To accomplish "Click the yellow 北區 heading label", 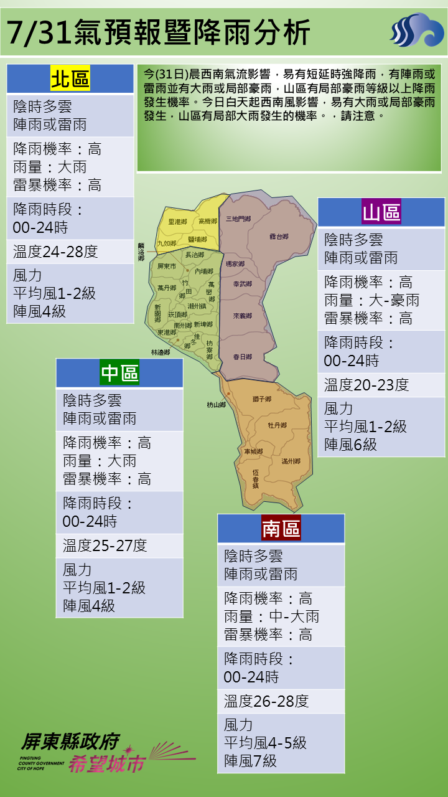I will (70, 79).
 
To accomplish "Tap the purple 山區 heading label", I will (381, 212).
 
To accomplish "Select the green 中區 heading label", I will (119, 373).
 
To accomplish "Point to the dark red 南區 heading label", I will (281, 529).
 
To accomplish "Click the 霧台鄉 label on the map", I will (279, 237).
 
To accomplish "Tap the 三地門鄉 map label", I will (238, 219).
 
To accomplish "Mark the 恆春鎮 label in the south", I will (255, 478).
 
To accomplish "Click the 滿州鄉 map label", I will (291, 461).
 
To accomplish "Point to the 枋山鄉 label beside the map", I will (216, 405).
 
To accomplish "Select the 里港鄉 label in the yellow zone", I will (177, 222).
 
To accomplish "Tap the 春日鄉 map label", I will (242, 357).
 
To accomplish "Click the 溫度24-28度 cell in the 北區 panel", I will (55, 252).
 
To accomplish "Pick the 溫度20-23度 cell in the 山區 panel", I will (366, 385).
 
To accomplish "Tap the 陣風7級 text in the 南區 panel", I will (251, 761).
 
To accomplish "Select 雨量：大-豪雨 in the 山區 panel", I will (371, 301).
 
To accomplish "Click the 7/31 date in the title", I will (37, 32).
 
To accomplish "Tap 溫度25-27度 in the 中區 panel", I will (105, 545).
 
